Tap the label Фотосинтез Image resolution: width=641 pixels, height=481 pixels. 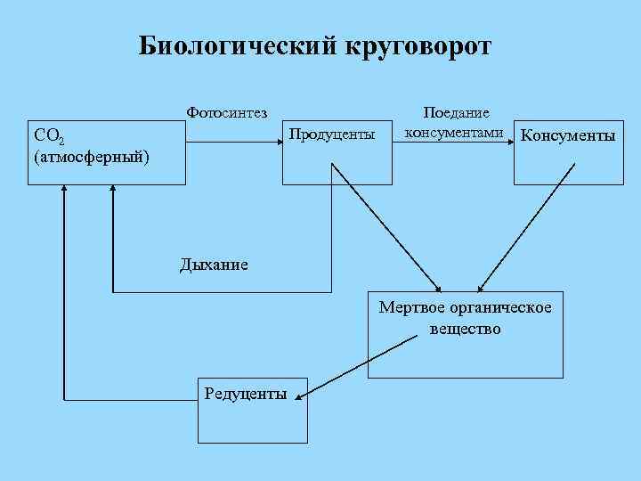coord(227,112)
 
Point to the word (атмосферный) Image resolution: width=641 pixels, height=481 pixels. coord(90,158)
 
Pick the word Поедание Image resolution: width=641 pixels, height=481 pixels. coord(457,113)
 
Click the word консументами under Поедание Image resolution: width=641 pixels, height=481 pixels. coord(454,133)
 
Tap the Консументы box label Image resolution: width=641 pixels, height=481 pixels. coord(568,136)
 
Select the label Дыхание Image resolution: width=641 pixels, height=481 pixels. coord(214,264)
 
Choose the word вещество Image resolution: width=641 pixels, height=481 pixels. coord(465,329)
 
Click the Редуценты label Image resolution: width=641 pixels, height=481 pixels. coord(246,394)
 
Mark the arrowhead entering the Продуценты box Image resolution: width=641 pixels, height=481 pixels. coord(277,136)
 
